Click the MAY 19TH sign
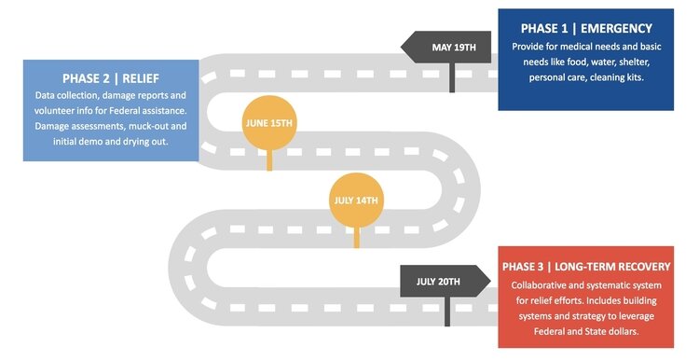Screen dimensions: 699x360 coord(449,47)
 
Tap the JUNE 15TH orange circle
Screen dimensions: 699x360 coord(268,122)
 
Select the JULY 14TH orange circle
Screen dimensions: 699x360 coord(355,200)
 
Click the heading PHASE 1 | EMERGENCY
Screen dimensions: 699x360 coord(585,28)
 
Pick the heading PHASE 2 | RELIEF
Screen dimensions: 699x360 coord(111,77)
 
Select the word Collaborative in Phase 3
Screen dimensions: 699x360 coord(544,284)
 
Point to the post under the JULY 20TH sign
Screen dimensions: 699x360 coord(448,312)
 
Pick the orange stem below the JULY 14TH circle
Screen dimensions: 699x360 coord(355,238)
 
